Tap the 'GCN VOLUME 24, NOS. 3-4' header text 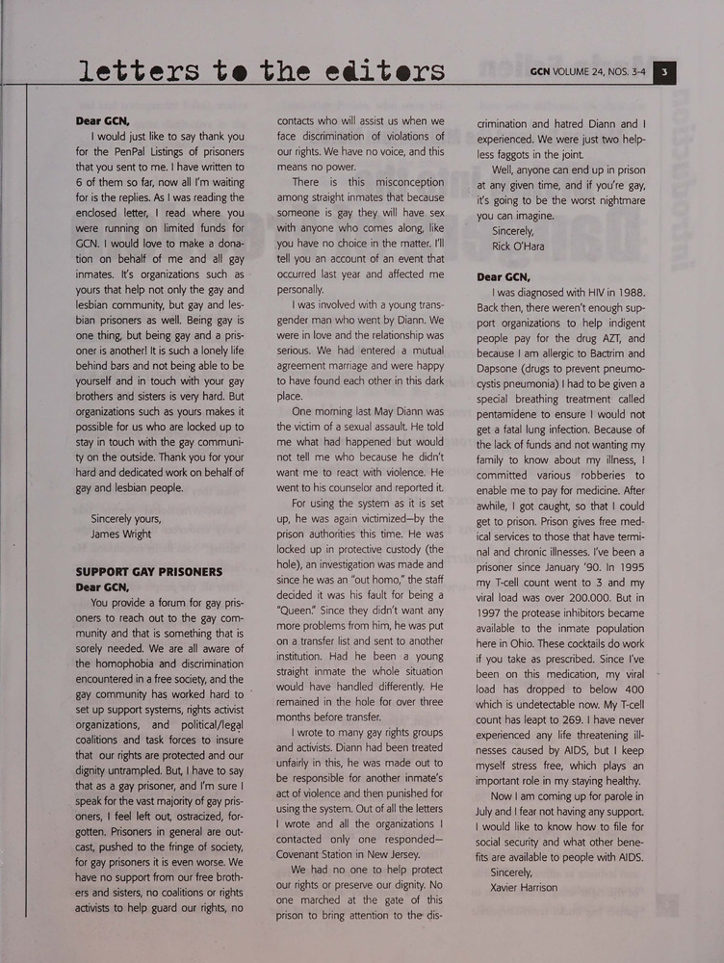[586, 72]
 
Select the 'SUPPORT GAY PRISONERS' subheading [149, 571]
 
